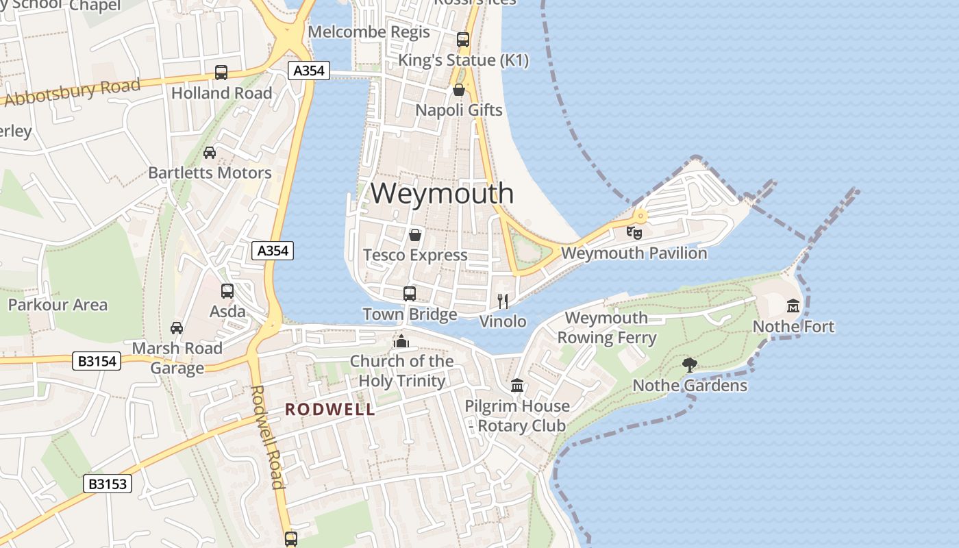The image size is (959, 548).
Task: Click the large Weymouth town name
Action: point(442,193)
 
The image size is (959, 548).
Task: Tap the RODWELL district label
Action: point(330,410)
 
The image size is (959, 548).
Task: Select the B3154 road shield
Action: point(97,361)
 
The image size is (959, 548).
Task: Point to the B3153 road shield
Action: point(108,484)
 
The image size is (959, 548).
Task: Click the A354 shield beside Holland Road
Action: point(310,70)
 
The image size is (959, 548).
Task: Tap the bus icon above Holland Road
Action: point(221,73)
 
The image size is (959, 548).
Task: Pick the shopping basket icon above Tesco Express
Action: point(414,236)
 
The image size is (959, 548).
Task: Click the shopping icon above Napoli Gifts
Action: point(459,90)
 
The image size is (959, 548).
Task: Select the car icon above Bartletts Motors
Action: point(210,153)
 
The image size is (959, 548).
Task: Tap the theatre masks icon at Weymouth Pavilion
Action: point(634,233)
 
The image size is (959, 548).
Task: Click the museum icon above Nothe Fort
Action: point(793,306)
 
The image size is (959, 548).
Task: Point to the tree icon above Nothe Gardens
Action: point(689,364)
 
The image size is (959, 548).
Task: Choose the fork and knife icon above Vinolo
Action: point(503,301)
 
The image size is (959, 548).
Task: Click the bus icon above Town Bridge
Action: point(410,294)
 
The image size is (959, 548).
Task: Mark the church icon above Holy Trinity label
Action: point(401,340)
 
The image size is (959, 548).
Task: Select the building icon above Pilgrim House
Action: point(517,386)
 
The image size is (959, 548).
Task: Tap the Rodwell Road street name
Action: point(266,437)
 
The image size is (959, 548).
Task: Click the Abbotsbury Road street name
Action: point(72,92)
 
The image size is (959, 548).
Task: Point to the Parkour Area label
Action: point(58,305)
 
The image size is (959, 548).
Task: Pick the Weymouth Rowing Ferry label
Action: point(606,327)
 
